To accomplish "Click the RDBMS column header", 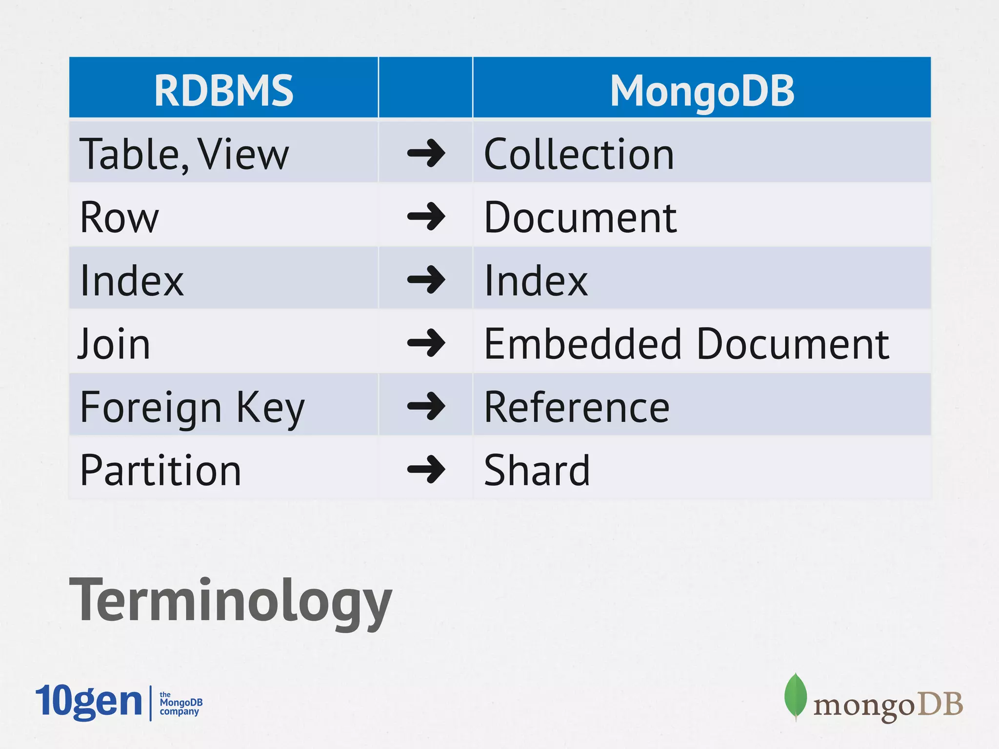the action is tap(223, 90).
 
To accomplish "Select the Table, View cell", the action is tap(184, 154).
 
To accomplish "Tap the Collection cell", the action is tap(579, 154).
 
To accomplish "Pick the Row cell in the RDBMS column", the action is tap(120, 217).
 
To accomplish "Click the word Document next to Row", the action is tap(580, 217).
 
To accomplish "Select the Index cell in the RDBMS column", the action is tap(132, 280).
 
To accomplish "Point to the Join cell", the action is tap(114, 344).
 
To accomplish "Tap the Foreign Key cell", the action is tap(192, 407).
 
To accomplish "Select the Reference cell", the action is tap(577, 407).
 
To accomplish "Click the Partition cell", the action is tap(160, 470).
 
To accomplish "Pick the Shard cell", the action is tap(537, 470).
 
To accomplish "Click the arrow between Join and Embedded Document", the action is tap(426, 343).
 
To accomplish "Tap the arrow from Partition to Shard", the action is tap(426, 469).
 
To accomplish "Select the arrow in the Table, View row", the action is tap(426, 153).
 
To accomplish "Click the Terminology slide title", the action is tap(230, 600).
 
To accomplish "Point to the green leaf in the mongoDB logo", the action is tap(795, 695).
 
